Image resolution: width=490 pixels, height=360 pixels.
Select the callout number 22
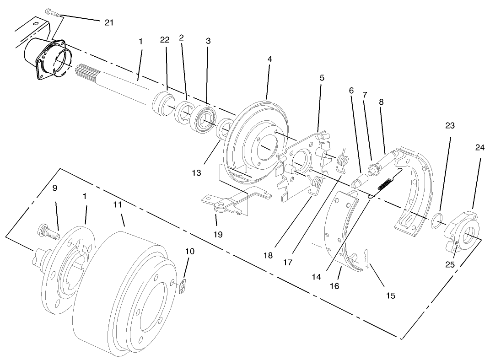(x=165, y=40)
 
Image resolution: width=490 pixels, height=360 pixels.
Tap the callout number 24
(x=479, y=148)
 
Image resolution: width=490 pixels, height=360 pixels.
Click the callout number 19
(x=217, y=234)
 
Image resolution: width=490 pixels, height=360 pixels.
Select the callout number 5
(x=322, y=78)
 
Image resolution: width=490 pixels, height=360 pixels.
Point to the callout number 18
(x=268, y=255)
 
